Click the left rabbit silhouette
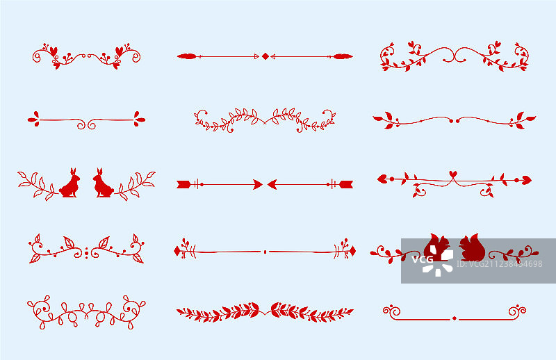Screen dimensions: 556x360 tap(70, 184)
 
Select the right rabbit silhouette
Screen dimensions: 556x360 tap(103, 184)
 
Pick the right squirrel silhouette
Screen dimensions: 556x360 tap(472, 247)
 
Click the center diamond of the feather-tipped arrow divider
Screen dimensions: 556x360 tap(265, 56)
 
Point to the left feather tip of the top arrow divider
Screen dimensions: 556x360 tap(187, 56)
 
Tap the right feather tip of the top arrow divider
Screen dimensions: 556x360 tap(343, 56)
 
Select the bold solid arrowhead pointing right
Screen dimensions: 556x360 tap(258, 184)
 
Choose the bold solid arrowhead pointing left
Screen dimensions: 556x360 tap(272, 184)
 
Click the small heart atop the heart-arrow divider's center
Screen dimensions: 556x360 tap(453, 174)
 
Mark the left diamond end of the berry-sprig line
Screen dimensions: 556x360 tap(177, 251)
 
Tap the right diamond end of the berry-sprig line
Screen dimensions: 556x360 tap(352, 251)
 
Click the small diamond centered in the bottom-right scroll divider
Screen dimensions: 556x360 tap(455, 318)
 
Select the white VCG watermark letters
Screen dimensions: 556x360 tap(423, 259)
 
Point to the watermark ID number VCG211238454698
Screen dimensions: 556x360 tap(499, 264)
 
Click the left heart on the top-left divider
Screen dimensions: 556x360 tap(54, 51)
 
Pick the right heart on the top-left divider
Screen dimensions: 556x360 tap(119, 51)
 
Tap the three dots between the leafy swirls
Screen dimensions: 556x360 tap(86, 253)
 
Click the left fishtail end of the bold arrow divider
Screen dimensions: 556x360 tap(183, 184)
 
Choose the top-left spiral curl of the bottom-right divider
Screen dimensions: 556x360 tap(392, 311)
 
